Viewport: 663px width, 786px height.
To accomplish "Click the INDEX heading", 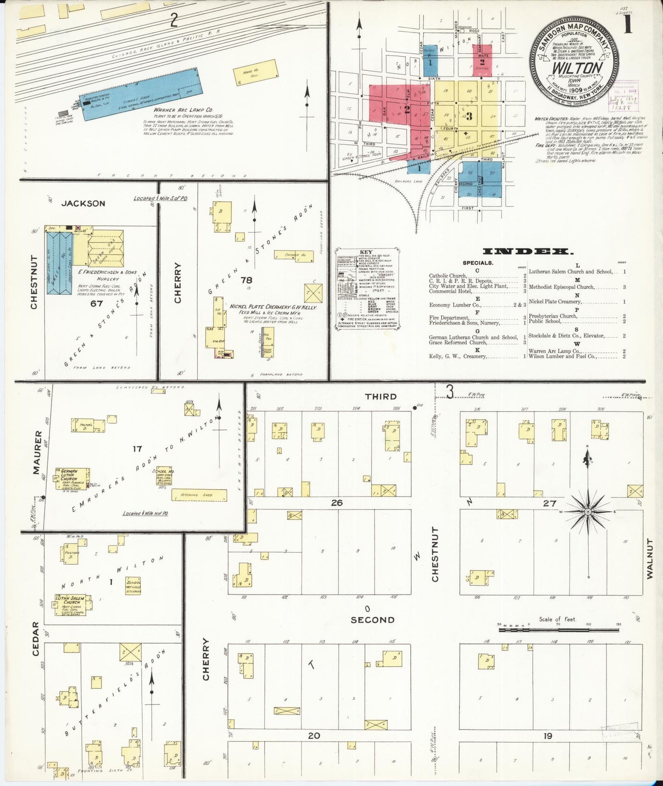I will [x=528, y=251].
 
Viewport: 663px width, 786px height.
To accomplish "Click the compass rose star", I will [x=588, y=511].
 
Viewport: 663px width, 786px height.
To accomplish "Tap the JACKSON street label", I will [x=83, y=203].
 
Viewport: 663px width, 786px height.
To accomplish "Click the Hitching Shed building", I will [x=199, y=495].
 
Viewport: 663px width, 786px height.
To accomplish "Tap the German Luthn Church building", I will [x=72, y=480].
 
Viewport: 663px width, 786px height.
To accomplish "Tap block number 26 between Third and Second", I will [x=337, y=503].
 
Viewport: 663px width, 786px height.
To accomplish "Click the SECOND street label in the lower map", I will [x=372, y=620].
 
